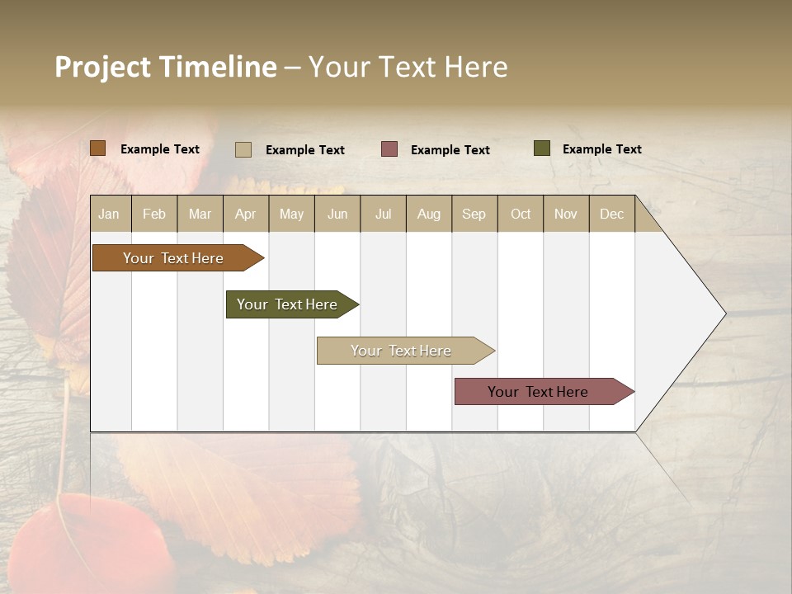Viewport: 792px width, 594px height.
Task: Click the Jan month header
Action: coord(110,214)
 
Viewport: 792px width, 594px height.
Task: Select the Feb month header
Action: coord(154,214)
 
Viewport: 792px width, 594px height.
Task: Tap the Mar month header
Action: coord(200,214)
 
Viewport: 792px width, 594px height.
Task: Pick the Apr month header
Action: coord(246,214)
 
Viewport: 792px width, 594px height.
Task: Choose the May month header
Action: coord(291,214)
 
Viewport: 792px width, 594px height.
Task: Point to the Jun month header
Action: coord(337,214)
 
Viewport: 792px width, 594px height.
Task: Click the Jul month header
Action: coord(383,214)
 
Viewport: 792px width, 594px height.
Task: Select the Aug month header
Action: coord(429,214)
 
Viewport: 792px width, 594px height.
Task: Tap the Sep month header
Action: coord(474,214)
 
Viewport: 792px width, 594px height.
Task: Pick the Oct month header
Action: coord(521,214)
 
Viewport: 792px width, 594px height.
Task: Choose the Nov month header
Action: coord(566,214)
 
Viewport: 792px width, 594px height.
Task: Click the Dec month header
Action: coord(612,214)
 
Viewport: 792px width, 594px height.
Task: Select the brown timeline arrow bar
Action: coord(173,258)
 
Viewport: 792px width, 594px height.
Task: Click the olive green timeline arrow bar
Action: coord(287,304)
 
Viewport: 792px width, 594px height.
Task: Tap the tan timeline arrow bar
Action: coord(401,351)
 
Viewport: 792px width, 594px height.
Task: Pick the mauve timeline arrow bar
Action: coord(539,392)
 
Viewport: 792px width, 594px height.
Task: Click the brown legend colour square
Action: coord(98,148)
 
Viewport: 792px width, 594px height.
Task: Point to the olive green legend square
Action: coord(541,148)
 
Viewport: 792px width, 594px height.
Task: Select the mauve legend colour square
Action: coord(389,149)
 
